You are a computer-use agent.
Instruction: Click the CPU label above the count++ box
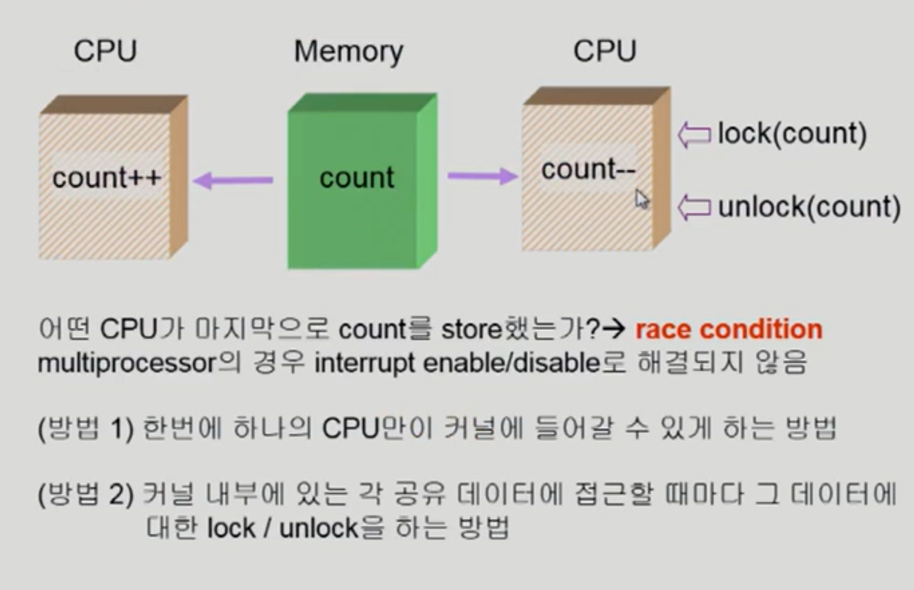(105, 51)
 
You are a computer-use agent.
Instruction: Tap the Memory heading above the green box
(348, 52)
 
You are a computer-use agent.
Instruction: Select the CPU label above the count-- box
(605, 51)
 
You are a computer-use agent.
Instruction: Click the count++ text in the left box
(107, 177)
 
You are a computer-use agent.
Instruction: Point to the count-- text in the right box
(588, 170)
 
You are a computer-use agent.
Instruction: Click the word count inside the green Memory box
(357, 177)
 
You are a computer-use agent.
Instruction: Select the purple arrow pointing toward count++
(233, 180)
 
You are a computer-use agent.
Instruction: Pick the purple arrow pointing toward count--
(482, 176)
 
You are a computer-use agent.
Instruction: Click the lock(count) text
(792, 134)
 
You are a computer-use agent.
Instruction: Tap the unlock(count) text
(809, 207)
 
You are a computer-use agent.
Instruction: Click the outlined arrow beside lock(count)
(694, 135)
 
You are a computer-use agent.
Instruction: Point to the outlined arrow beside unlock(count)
(694, 208)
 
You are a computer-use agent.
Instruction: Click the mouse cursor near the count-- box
(641, 199)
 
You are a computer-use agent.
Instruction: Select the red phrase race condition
(729, 329)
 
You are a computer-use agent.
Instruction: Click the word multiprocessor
(127, 364)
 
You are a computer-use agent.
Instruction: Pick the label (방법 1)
(85, 428)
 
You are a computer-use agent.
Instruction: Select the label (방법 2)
(85, 494)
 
